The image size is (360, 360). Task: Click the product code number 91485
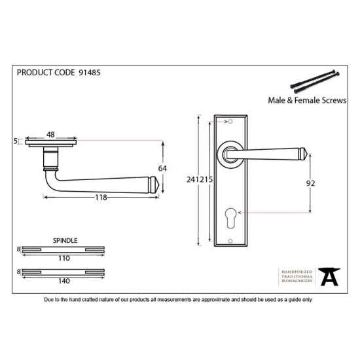pyautogui.click(x=90, y=73)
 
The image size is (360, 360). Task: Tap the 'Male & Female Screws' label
pyautogui.click(x=307, y=100)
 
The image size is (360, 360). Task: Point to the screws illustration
pyautogui.click(x=315, y=82)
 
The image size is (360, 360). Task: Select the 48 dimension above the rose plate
pyautogui.click(x=50, y=135)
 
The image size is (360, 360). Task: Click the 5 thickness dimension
pyautogui.click(x=16, y=141)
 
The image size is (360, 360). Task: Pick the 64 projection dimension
pyautogui.click(x=162, y=168)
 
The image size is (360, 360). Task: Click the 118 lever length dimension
pyautogui.click(x=101, y=197)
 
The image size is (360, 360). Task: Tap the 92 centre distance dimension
pyautogui.click(x=311, y=183)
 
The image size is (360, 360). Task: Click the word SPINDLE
pyautogui.click(x=65, y=240)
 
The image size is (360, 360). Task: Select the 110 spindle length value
pyautogui.click(x=64, y=259)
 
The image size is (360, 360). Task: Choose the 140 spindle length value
pyautogui.click(x=64, y=281)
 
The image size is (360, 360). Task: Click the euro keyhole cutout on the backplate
pyautogui.click(x=231, y=218)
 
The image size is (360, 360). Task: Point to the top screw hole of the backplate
pyautogui.click(x=230, y=122)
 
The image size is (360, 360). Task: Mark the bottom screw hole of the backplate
pyautogui.click(x=230, y=241)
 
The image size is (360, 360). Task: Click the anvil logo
pyautogui.click(x=329, y=276)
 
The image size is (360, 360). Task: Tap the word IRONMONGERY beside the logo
pyautogui.click(x=297, y=281)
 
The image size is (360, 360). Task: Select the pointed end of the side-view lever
pyautogui.click(x=158, y=185)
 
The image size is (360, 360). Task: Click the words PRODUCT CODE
pyautogui.click(x=46, y=73)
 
